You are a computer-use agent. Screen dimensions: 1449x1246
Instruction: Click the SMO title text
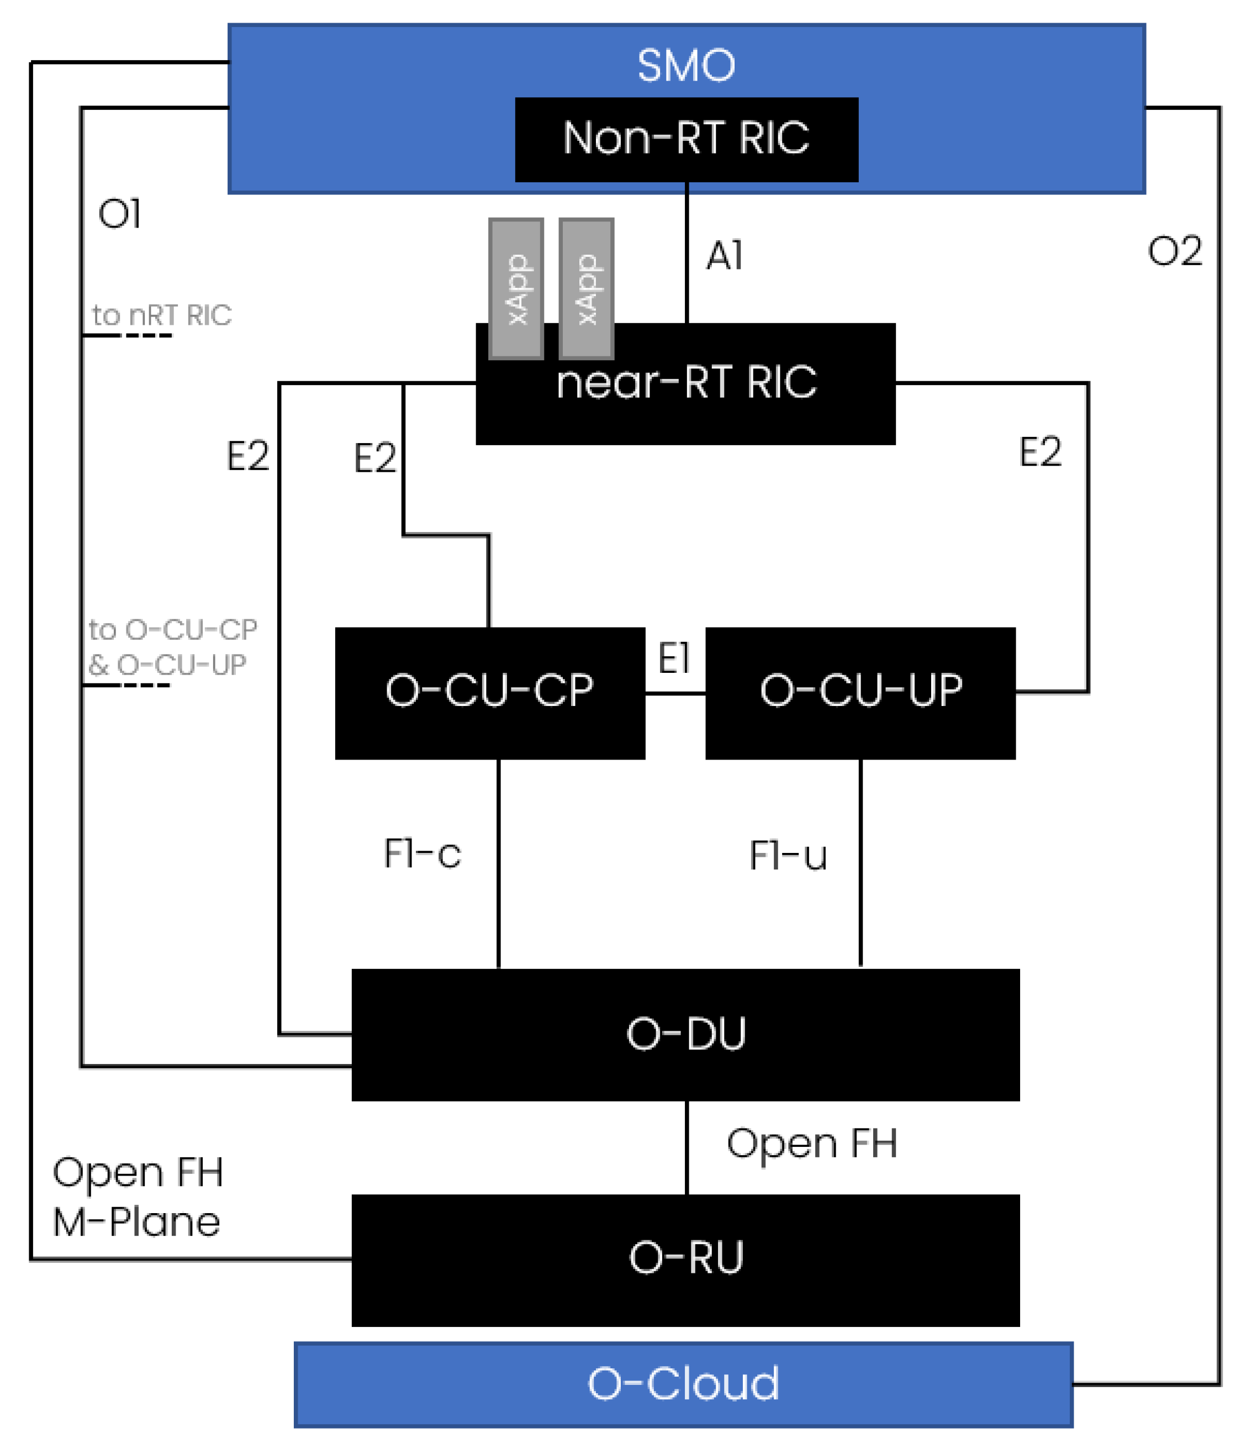686,66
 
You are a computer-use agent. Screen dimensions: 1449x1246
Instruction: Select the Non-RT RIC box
686,139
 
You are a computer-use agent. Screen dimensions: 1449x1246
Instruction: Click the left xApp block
516,288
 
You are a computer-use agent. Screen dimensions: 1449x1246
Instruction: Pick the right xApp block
586,288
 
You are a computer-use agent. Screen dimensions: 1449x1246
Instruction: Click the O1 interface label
119,214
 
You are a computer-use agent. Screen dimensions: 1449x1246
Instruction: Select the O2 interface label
1175,251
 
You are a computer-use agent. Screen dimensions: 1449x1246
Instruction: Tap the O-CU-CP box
489,692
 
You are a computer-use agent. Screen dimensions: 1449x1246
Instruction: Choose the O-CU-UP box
860,692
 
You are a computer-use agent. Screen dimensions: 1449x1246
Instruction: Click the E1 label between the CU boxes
674,658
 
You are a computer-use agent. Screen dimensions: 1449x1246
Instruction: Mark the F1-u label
788,855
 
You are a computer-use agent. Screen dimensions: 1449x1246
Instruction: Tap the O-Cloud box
683,1383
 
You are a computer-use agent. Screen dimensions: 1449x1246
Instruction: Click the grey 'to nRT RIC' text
161,315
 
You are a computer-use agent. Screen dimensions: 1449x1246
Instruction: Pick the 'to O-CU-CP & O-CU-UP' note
171,647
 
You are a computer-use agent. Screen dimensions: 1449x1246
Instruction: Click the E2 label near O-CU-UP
1040,452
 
